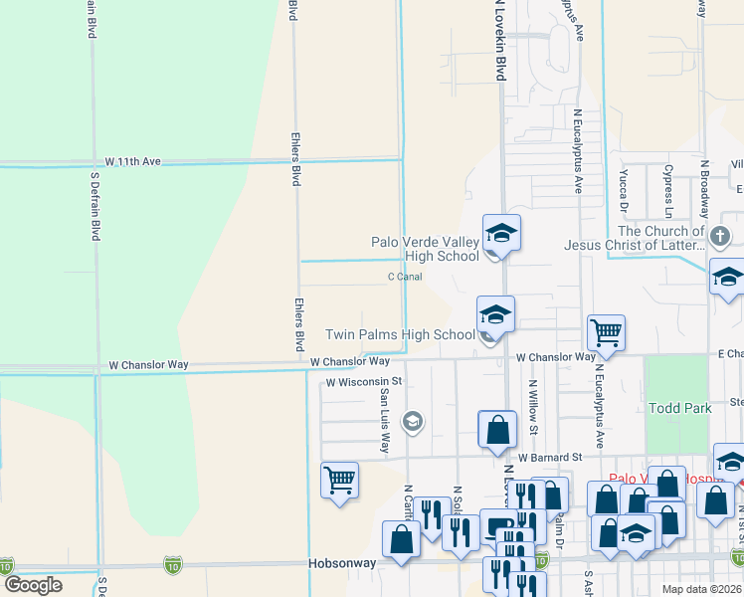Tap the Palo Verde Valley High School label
pos(425,249)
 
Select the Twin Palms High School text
pos(401,335)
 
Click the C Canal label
pos(405,277)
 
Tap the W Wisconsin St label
pos(363,381)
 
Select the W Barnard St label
pos(550,458)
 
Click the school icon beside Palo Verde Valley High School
pos(501,234)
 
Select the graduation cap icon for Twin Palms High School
pos(494,314)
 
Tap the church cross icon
pos(720,237)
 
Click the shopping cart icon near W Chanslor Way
pos(605,331)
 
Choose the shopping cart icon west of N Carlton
pos(339,480)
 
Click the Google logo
pos(34,585)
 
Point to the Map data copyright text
pos(702,589)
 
